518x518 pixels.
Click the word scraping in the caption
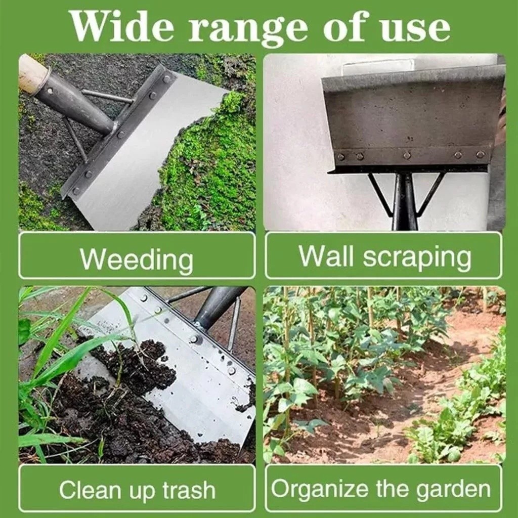(417, 259)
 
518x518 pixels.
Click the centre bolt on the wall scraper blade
(407, 154)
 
